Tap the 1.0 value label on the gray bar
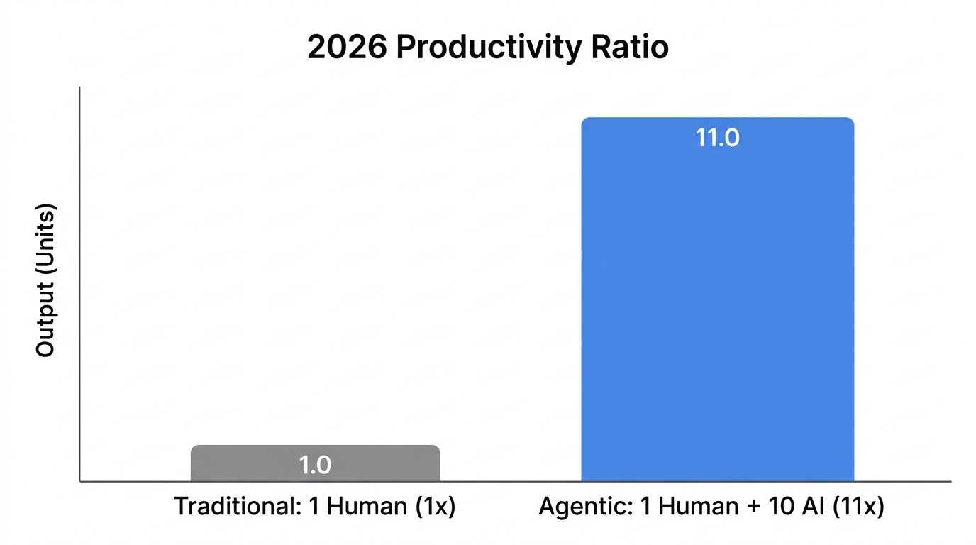(315, 466)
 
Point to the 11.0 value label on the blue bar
(717, 138)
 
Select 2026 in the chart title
(347, 48)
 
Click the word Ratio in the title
(630, 48)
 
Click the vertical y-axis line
(79, 284)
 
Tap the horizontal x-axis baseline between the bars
(511, 482)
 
